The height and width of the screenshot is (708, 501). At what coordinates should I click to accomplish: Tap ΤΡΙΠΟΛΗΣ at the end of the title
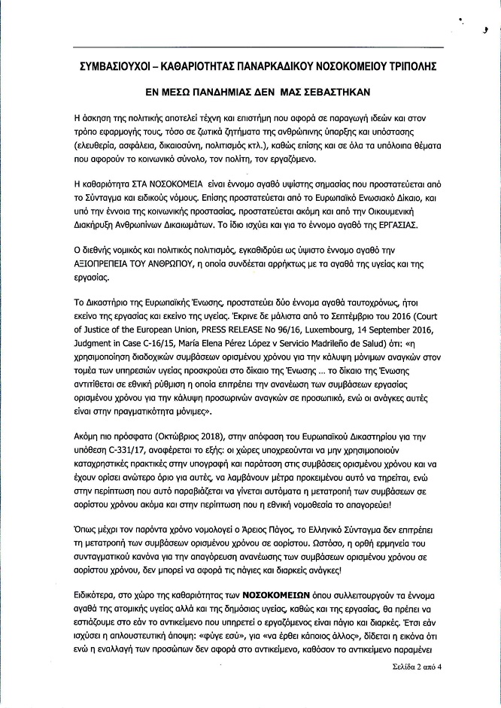pyautogui.click(x=410, y=66)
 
